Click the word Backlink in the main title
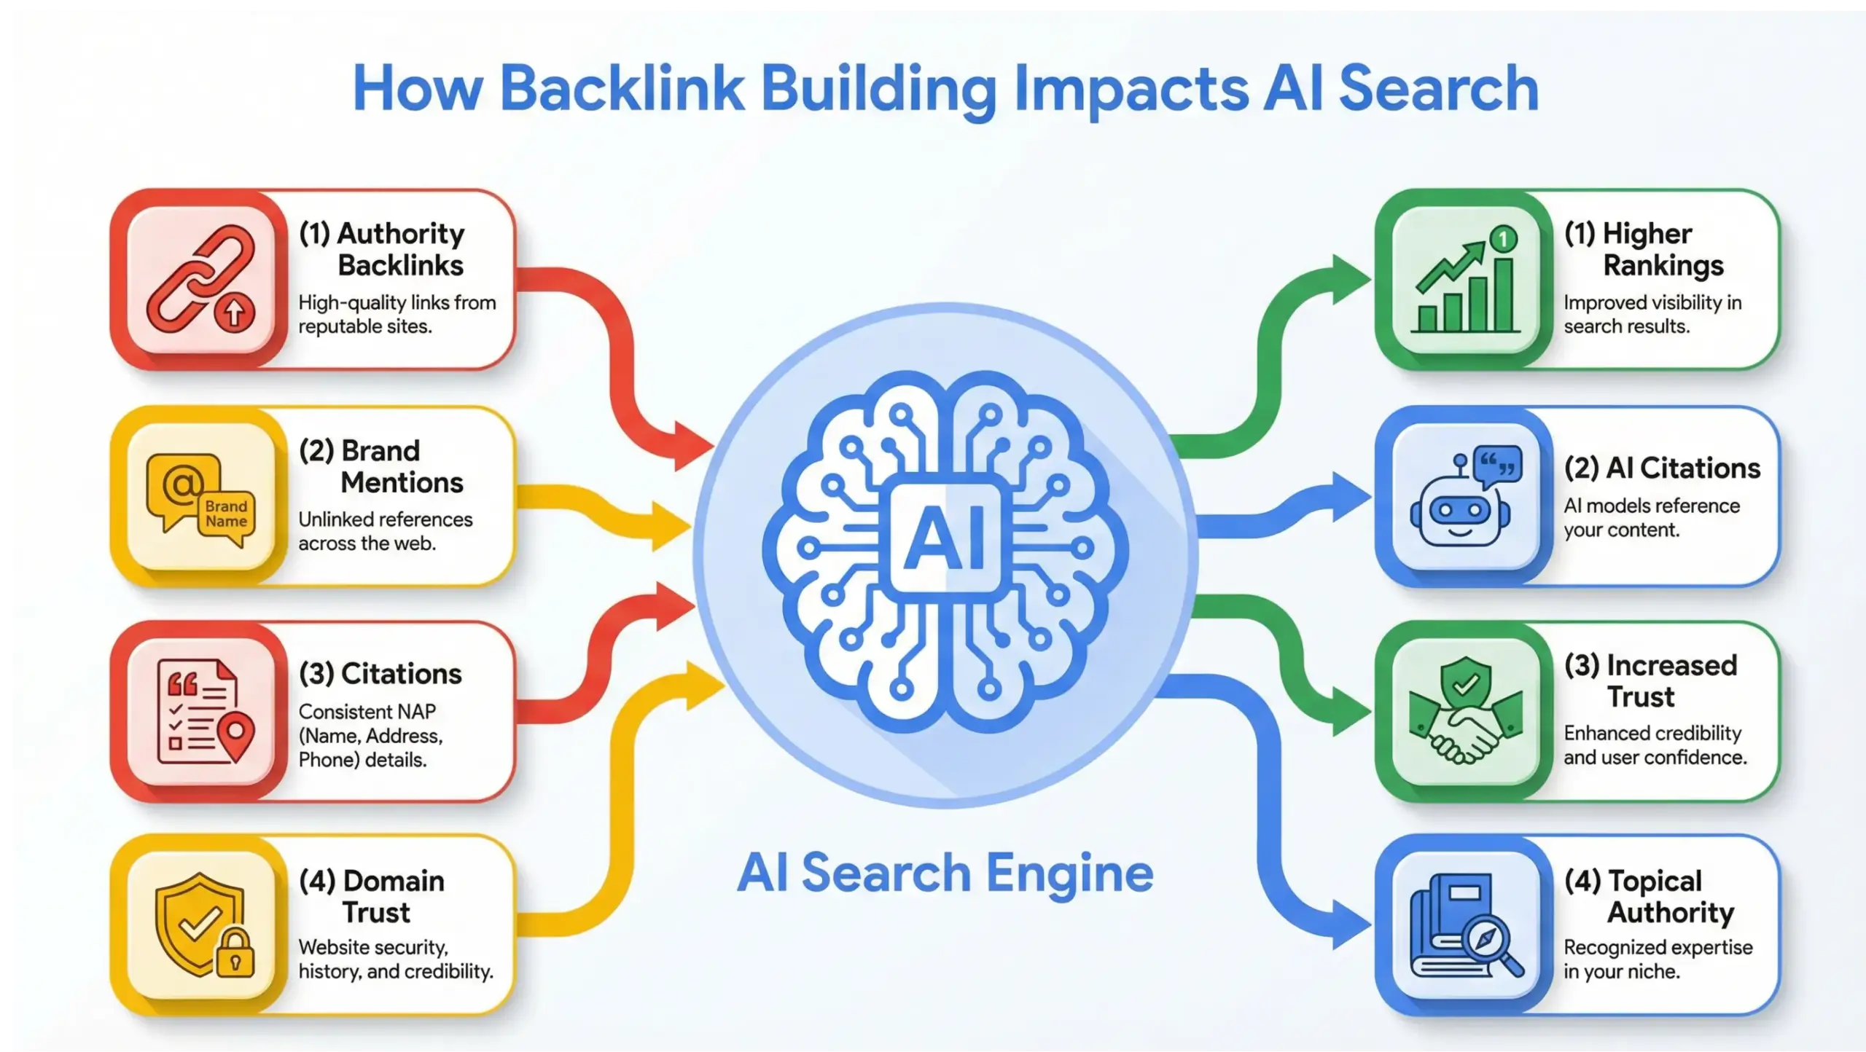pyautogui.click(x=621, y=89)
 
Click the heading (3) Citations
pyautogui.click(x=380, y=673)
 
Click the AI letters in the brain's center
pyautogui.click(x=945, y=539)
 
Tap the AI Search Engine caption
pyautogui.click(x=945, y=873)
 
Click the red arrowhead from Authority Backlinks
pyautogui.click(x=692, y=444)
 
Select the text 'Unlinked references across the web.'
pyautogui.click(x=385, y=531)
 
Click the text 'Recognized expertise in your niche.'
pyautogui.click(x=1657, y=959)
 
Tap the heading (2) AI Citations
pyautogui.click(x=1662, y=468)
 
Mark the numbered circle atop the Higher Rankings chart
pyautogui.click(x=1503, y=238)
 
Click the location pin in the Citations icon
pyautogui.click(x=235, y=736)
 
